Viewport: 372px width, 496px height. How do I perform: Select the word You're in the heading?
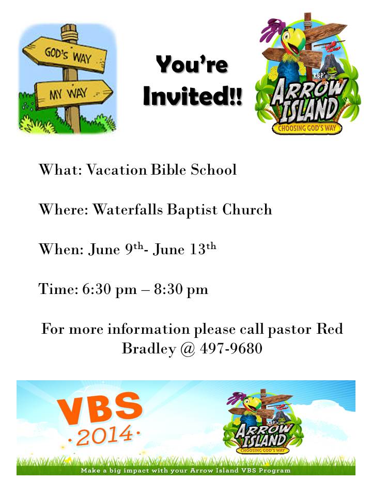192,66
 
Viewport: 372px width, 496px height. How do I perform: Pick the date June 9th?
114,250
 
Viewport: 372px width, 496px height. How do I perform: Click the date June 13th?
184,250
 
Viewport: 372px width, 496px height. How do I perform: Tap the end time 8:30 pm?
180,289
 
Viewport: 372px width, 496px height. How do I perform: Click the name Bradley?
148,349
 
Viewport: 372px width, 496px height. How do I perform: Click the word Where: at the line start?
63,209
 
